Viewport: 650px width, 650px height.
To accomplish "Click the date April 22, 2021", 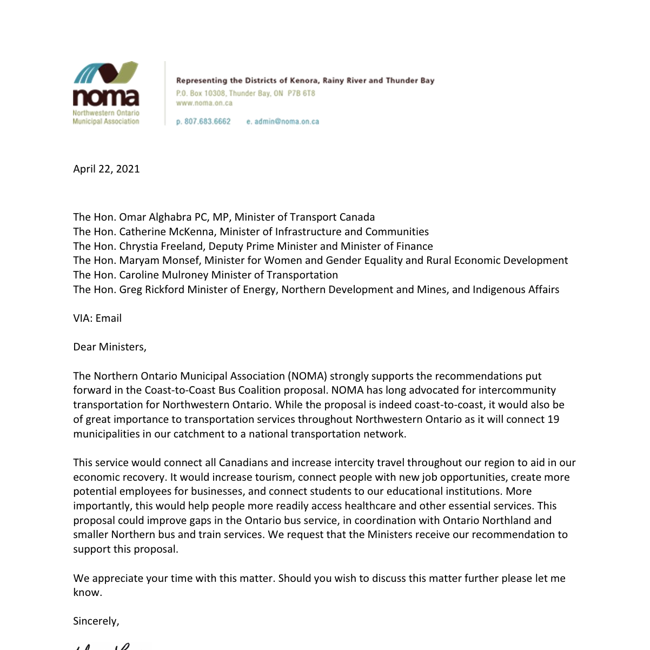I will (107, 169).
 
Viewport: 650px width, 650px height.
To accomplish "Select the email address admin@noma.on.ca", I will (287, 122).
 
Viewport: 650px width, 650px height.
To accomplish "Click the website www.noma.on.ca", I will (204, 103).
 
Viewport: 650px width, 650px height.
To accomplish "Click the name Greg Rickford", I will (152, 290).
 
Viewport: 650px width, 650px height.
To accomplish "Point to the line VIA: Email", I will (97, 319).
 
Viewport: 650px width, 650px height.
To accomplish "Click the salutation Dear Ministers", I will (110, 347).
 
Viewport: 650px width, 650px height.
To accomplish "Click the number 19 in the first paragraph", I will (553, 420).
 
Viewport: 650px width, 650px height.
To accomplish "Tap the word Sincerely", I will (96, 621).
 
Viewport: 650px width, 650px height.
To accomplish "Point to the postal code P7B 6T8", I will (301, 94).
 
